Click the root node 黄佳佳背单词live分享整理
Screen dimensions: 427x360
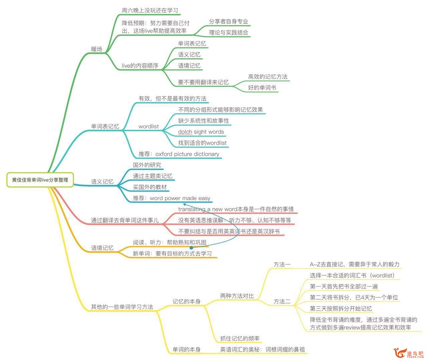point(40,180)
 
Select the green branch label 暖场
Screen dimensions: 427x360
point(96,49)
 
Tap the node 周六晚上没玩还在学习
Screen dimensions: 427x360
point(150,10)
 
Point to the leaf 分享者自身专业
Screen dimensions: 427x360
point(229,21)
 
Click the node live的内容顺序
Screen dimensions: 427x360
point(140,66)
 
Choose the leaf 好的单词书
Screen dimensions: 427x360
point(262,87)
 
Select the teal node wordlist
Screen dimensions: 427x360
point(148,127)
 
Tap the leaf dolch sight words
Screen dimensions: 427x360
point(201,132)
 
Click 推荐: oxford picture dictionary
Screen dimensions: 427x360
point(179,154)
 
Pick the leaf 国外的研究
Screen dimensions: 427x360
point(147,165)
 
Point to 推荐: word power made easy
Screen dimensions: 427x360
point(171,198)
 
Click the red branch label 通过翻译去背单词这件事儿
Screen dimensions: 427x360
point(125,220)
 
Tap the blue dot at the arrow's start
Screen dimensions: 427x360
point(191,248)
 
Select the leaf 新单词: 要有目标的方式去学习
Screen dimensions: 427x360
point(172,253)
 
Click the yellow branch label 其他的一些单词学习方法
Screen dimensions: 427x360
point(122,307)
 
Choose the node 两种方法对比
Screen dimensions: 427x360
point(237,296)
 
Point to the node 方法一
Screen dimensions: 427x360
point(282,264)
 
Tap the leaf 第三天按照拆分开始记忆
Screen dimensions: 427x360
point(341,309)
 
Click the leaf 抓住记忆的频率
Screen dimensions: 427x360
point(240,339)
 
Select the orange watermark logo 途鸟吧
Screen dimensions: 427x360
point(408,353)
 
